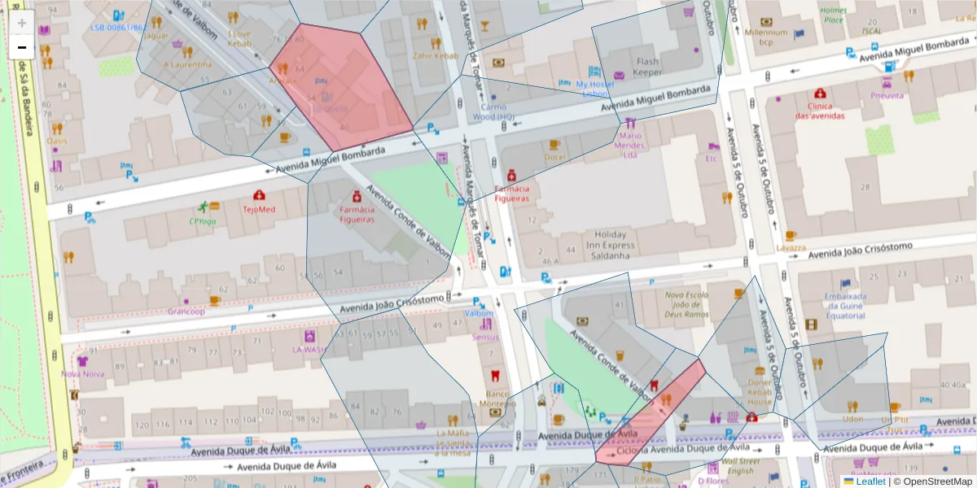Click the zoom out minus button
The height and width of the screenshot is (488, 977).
click(22, 48)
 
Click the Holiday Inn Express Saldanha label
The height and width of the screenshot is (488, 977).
click(602, 245)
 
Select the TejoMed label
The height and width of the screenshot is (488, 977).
click(259, 208)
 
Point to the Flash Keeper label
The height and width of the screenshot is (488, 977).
click(648, 67)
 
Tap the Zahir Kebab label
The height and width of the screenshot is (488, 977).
click(431, 56)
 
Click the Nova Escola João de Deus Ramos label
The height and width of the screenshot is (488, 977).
click(686, 304)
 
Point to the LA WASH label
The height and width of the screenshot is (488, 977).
click(309, 350)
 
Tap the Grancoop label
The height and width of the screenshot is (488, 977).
click(186, 311)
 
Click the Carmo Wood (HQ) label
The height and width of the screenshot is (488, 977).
click(493, 112)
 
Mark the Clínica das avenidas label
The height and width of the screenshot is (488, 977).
click(820, 111)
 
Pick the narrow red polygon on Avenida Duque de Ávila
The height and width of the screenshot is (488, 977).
click(651, 415)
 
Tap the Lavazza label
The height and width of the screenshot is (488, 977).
click(791, 247)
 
